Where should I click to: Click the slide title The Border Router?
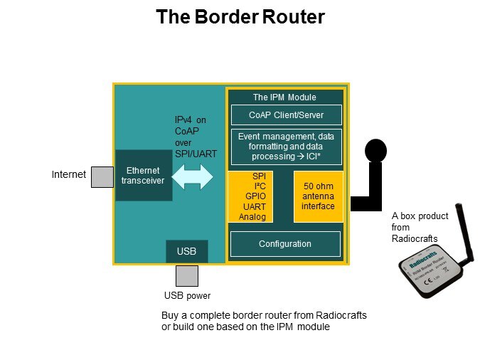[240, 17]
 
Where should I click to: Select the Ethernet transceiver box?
[143, 175]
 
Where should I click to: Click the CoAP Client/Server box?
[286, 115]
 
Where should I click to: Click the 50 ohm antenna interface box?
[318, 196]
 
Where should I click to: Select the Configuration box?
[285, 244]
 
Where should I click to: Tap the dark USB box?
[186, 251]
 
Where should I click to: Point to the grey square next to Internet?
[102, 177]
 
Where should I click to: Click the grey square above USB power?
[187, 275]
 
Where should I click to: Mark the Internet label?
[69, 174]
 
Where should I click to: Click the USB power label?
[187, 296]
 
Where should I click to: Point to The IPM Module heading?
[284, 97]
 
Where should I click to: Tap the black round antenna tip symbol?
[375, 151]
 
